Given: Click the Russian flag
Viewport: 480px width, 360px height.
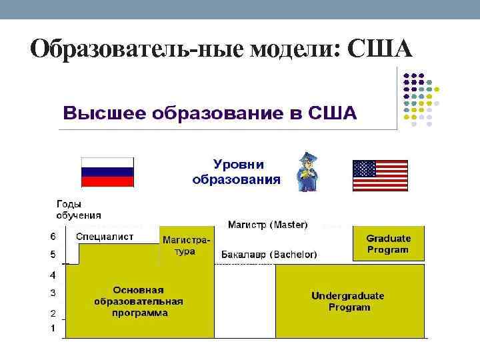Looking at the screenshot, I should point(107,172).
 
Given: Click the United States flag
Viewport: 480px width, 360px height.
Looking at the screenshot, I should point(379,175).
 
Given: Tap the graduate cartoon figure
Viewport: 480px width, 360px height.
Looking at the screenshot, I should point(307,172).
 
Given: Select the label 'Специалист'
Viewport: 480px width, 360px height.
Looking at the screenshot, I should point(105,237).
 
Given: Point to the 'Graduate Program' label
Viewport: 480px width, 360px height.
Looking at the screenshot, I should point(388,244).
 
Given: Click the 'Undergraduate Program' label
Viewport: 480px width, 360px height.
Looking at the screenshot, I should point(348,301).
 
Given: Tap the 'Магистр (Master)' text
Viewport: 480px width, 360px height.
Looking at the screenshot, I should point(268,225).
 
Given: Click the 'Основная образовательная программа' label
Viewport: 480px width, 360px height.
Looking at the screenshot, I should point(139,301).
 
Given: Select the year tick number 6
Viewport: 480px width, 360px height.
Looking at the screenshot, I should point(53,236).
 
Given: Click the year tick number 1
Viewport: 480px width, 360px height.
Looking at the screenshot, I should point(53,328).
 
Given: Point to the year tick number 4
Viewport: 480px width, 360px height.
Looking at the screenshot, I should point(53,275).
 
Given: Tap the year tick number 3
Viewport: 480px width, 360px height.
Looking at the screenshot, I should point(53,293).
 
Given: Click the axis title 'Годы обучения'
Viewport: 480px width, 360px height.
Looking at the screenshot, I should point(79,209).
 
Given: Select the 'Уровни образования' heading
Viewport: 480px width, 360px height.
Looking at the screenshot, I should point(237,171).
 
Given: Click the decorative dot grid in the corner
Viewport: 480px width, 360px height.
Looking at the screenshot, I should point(420,99).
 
